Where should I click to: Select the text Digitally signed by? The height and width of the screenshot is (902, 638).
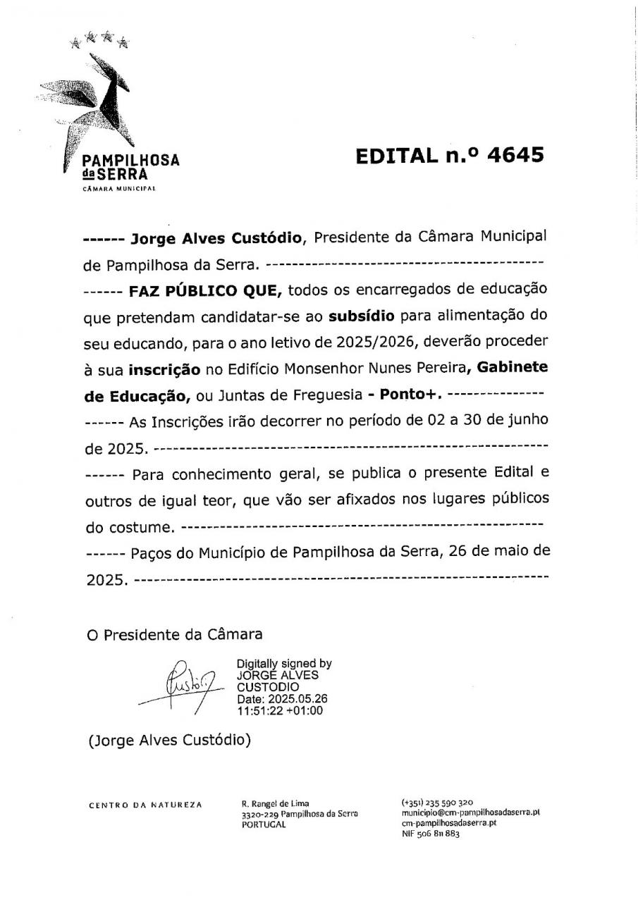coord(284,664)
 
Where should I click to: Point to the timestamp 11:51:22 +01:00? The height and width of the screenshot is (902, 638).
coord(280,710)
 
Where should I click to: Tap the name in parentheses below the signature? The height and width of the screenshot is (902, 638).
coord(169,741)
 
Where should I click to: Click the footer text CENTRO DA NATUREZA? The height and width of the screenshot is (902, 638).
coord(145,805)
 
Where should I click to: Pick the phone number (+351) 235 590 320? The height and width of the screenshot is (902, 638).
coord(437,803)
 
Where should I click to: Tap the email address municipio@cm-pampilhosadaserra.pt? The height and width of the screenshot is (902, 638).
coord(470,813)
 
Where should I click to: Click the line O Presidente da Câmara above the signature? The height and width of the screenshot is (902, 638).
coord(174,634)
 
